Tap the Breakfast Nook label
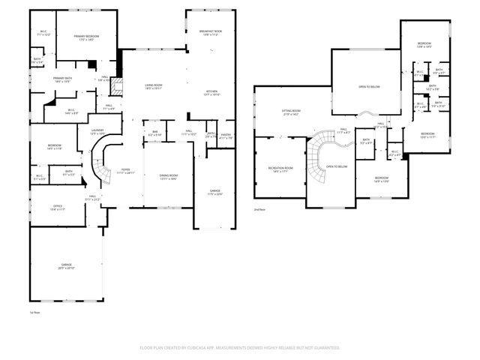[x=209, y=32]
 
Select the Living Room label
[x=154, y=86]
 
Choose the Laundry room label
[x=97, y=132]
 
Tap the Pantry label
[x=226, y=136]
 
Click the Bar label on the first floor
[x=154, y=133]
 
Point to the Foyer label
[x=124, y=172]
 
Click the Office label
[x=58, y=207]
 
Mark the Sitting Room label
[x=291, y=112]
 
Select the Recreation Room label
[x=280, y=169]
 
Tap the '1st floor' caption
[x=34, y=312]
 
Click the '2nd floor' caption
[x=259, y=209]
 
